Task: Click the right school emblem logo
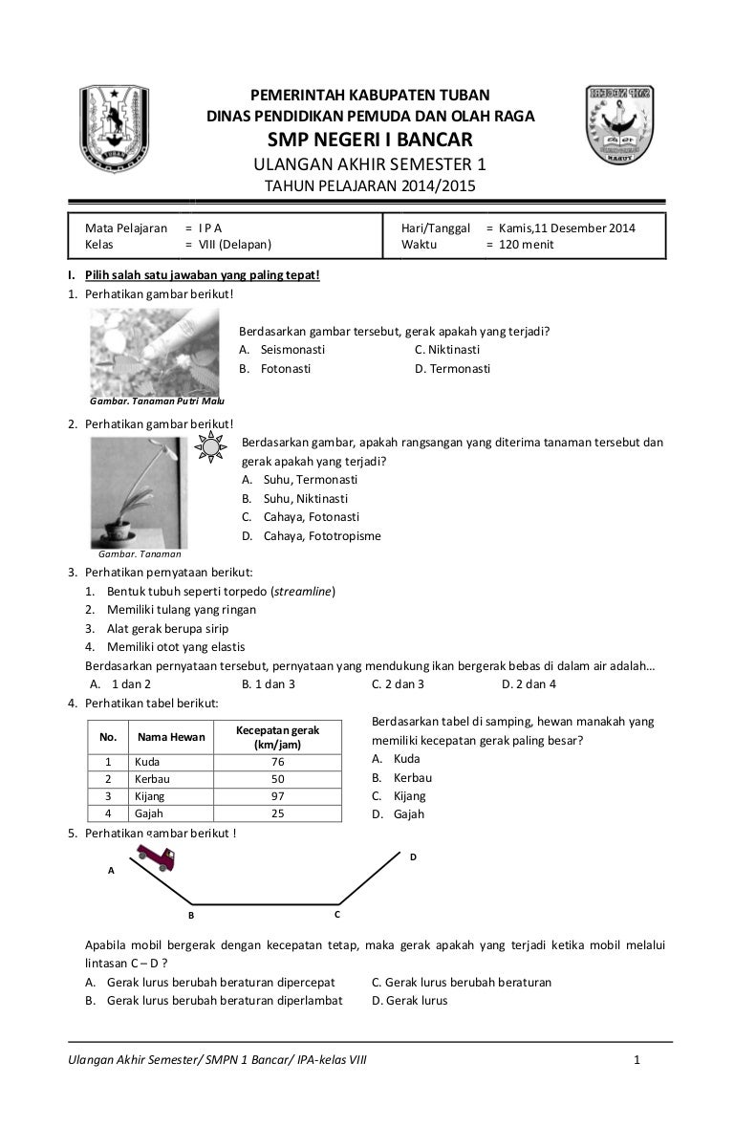(x=624, y=127)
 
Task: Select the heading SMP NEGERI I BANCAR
(x=370, y=141)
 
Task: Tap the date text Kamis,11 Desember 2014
(x=567, y=228)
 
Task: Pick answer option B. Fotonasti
(x=275, y=368)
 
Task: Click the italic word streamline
(x=303, y=592)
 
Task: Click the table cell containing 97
(x=278, y=795)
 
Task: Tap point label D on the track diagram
(x=413, y=857)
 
